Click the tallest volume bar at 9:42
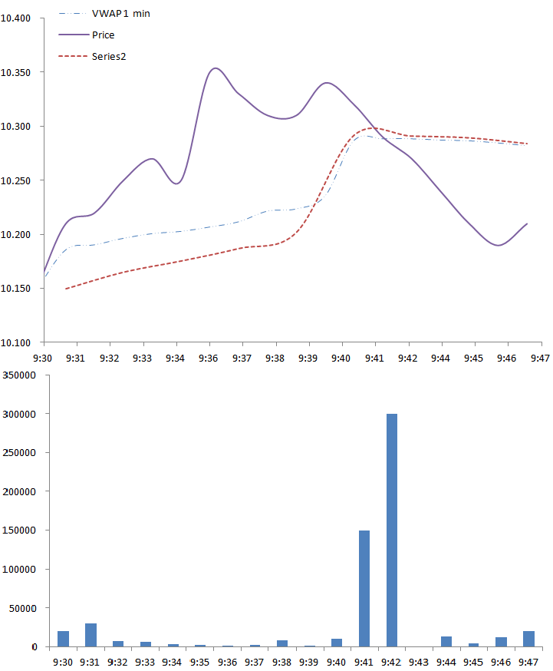click(x=392, y=530)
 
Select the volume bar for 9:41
click(x=364, y=588)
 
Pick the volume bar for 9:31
click(x=91, y=635)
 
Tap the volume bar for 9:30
click(x=63, y=639)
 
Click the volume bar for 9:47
click(x=528, y=639)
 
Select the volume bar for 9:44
click(x=446, y=642)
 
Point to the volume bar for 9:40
click(x=337, y=643)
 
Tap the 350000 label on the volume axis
click(x=21, y=375)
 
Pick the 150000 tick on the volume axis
click(x=21, y=531)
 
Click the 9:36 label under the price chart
click(x=209, y=358)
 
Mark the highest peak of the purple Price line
click(x=216, y=68)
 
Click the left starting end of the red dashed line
click(x=66, y=289)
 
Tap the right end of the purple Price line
click(x=527, y=223)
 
